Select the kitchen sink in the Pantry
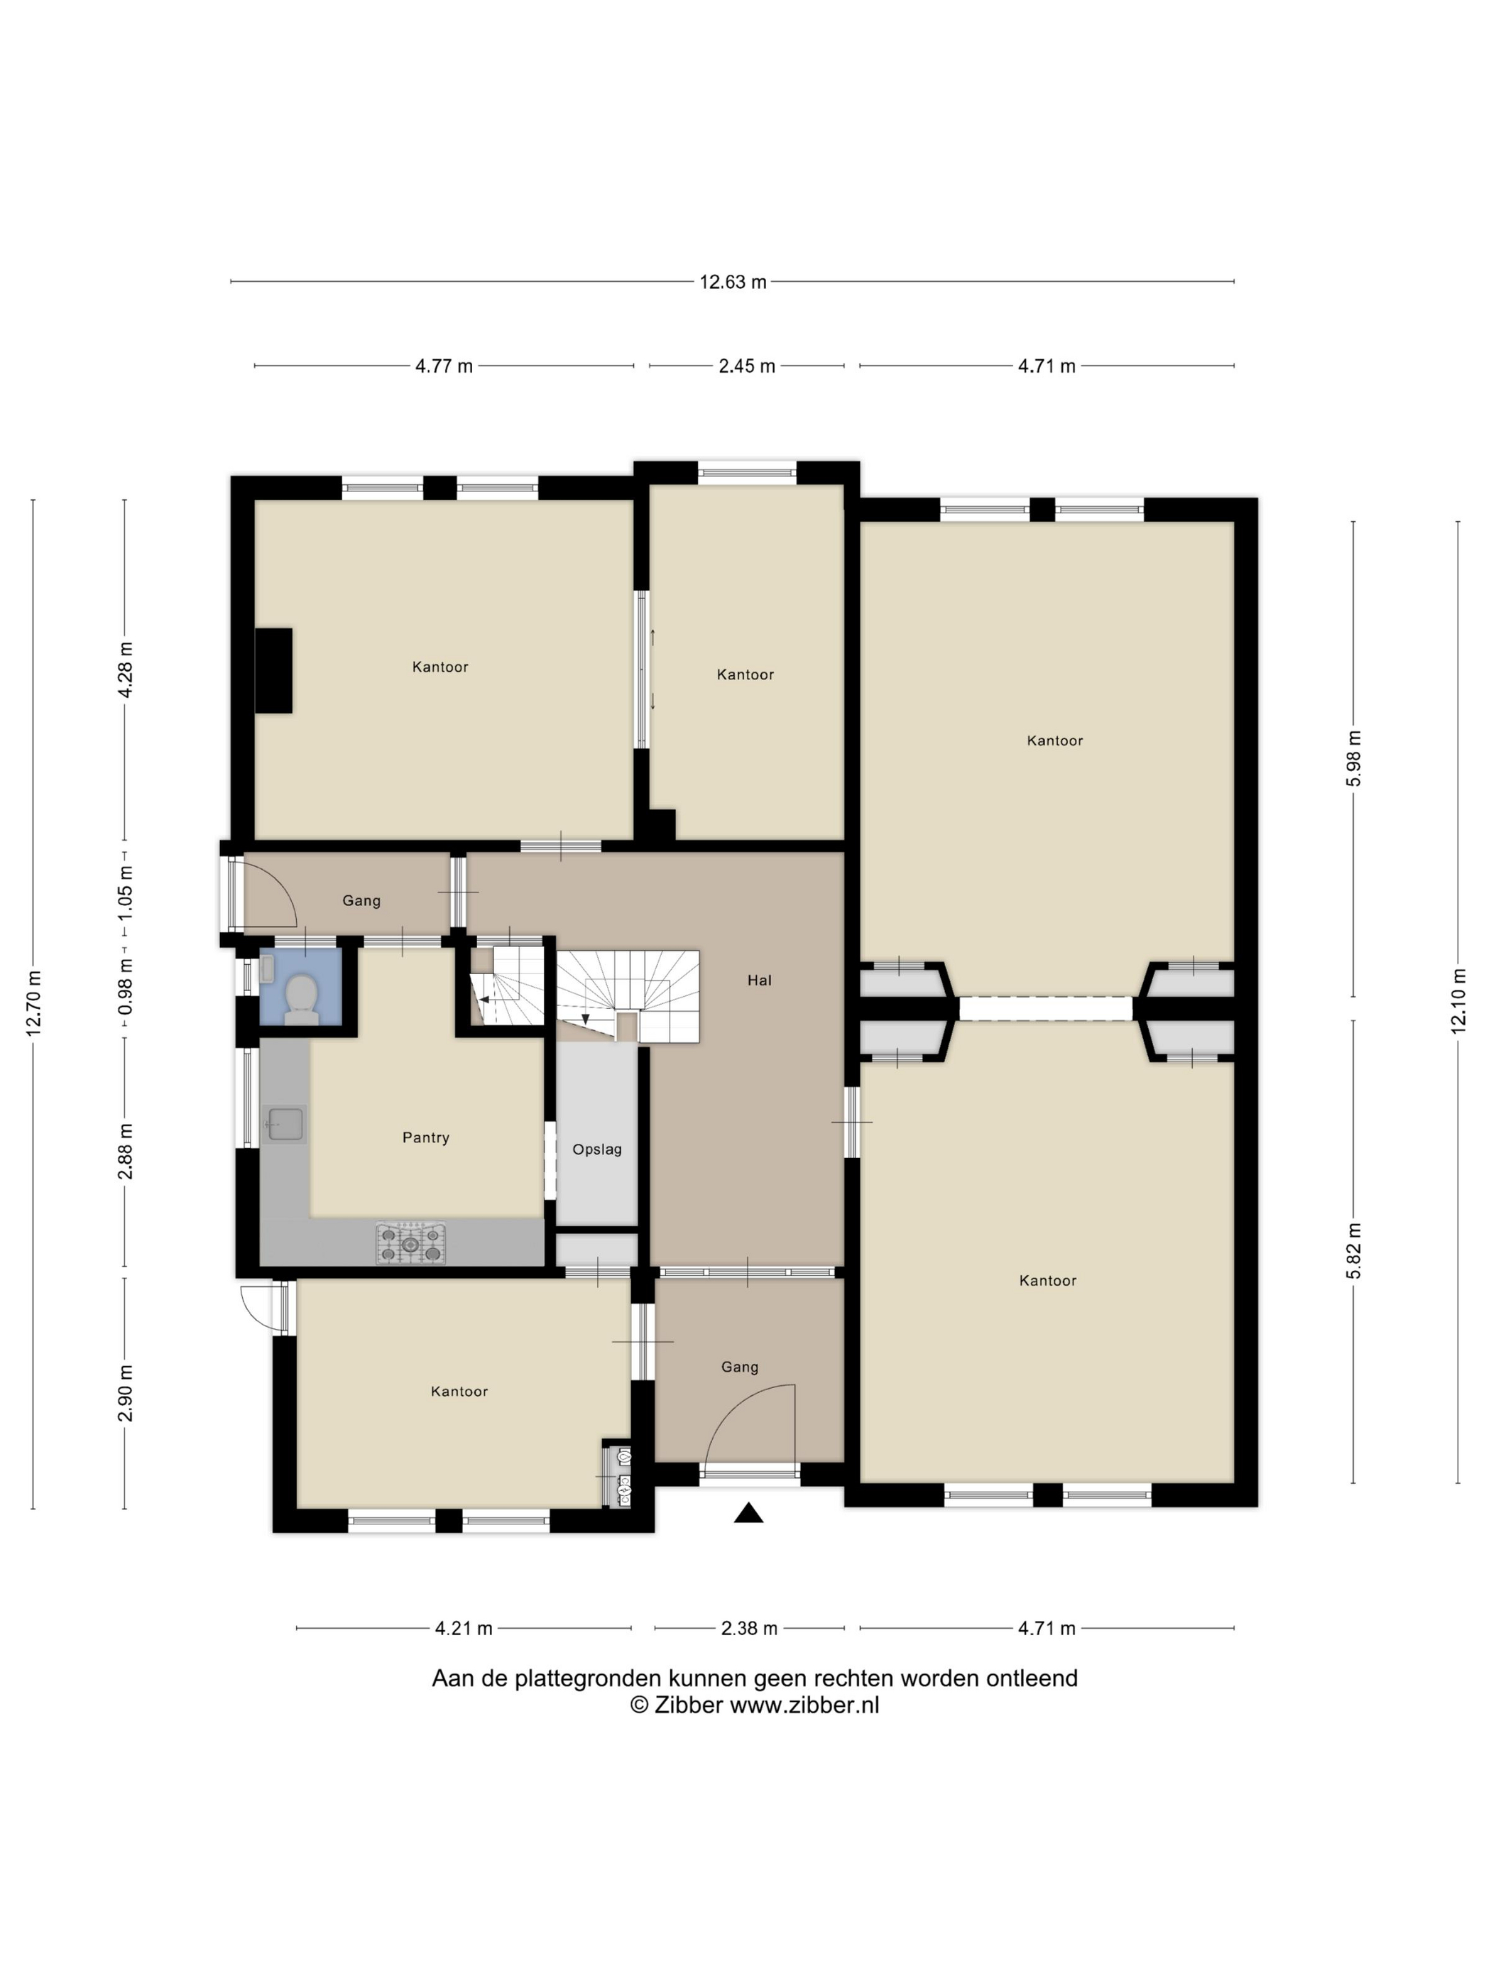[x=286, y=1123]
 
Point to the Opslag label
[x=597, y=1149]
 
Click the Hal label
[x=760, y=981]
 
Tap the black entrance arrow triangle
[x=748, y=1514]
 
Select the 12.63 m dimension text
[x=733, y=282]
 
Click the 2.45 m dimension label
[x=747, y=366]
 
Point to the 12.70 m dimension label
[x=34, y=1003]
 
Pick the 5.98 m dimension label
[x=1355, y=758]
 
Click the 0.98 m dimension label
[x=125, y=986]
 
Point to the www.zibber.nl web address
[x=804, y=1705]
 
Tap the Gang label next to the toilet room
[x=361, y=900]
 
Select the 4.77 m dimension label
[x=444, y=366]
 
